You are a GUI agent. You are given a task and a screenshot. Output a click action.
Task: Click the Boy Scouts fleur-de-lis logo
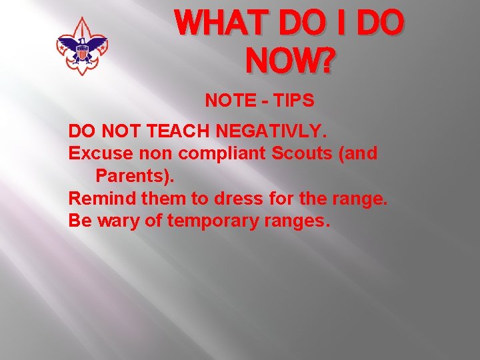click(82, 46)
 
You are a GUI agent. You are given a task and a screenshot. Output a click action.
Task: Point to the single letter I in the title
click(339, 25)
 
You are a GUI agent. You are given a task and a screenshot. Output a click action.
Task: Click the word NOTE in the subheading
click(227, 101)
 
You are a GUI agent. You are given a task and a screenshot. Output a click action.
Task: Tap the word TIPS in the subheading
click(291, 101)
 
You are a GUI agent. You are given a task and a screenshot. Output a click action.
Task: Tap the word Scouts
click(305, 153)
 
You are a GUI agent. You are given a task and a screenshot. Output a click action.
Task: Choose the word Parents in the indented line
click(131, 177)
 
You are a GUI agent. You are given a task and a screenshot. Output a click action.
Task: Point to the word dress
click(237, 199)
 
